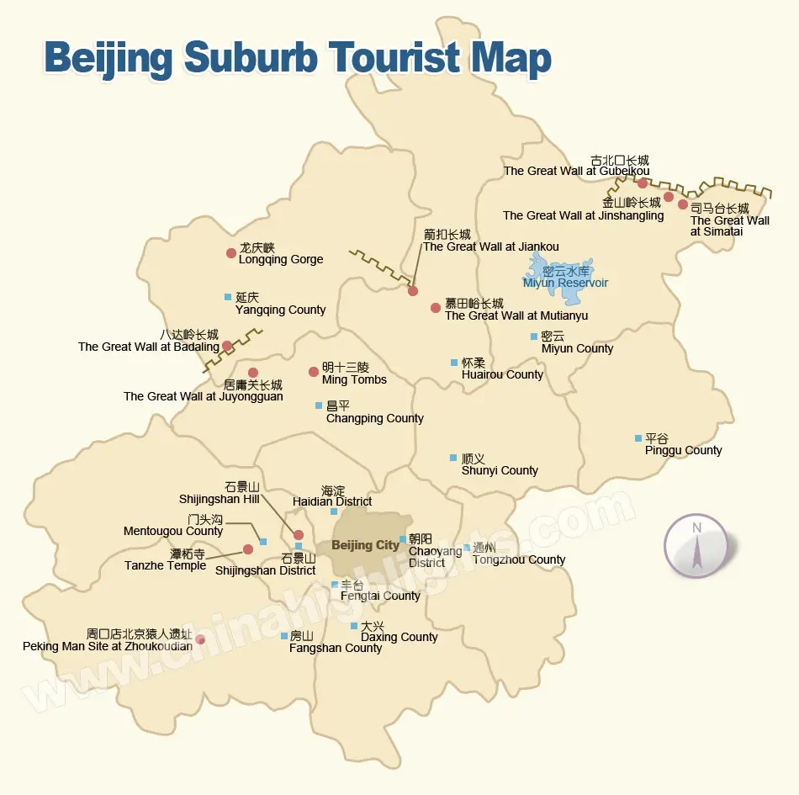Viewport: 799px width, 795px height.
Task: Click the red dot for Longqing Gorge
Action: [231, 253]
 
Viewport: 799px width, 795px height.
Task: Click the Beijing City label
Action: [365, 545]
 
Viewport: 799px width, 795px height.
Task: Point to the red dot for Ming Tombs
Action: [314, 372]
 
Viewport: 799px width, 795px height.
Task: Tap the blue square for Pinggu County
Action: [638, 438]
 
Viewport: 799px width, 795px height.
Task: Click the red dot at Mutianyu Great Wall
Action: [436, 308]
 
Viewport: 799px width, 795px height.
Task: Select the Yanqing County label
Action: [280, 310]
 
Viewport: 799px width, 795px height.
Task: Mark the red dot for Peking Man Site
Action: [200, 640]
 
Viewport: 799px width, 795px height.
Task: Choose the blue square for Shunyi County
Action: [454, 458]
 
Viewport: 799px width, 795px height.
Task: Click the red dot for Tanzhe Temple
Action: [248, 549]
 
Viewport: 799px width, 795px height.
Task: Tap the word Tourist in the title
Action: [396, 57]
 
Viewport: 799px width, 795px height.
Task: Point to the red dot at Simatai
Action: [683, 204]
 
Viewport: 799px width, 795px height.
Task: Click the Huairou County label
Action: [502, 374]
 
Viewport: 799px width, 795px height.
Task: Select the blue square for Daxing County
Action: [354, 626]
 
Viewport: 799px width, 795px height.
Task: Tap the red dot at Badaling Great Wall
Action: [227, 346]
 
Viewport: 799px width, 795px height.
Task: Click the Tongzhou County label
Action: [518, 559]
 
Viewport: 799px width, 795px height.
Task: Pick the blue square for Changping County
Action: [319, 405]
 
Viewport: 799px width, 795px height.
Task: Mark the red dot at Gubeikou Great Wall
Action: [643, 183]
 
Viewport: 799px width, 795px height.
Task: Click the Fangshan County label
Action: [336, 648]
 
